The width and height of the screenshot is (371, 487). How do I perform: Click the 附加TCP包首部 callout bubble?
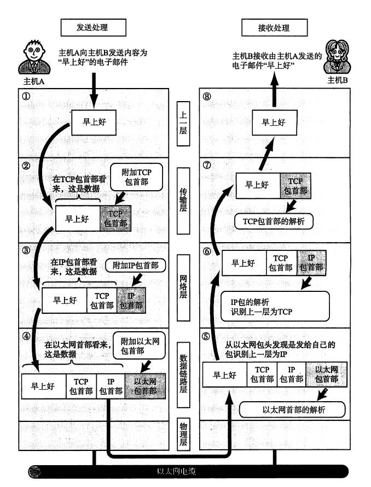[x=135, y=176]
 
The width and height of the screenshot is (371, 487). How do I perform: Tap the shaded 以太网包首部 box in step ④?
[x=145, y=386]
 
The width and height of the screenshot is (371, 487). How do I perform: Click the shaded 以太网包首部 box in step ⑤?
[x=327, y=375]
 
